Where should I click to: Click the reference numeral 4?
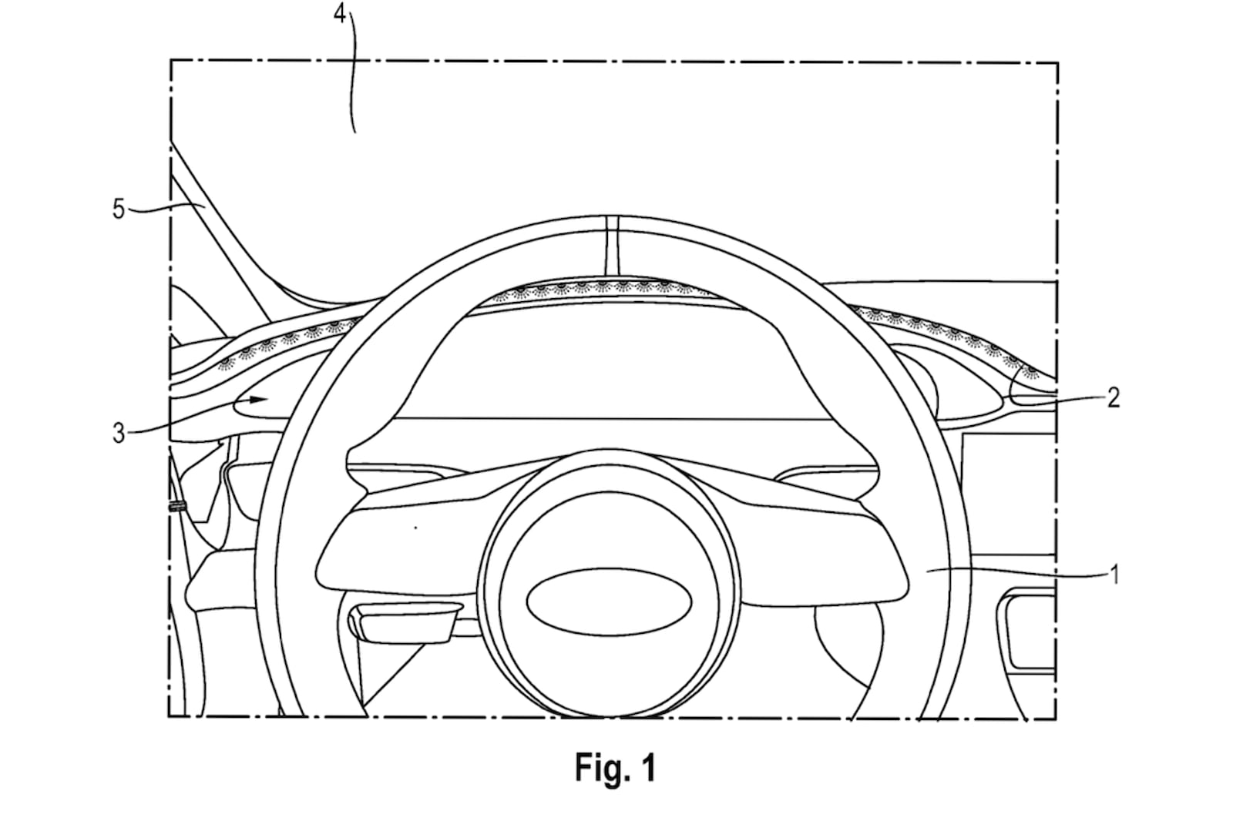[340, 13]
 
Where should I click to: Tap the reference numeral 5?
[119, 209]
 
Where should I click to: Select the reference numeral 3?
[119, 434]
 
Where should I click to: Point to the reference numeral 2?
[1113, 397]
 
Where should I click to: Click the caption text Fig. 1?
[616, 768]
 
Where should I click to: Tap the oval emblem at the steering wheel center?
[609, 602]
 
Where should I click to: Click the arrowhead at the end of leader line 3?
[259, 400]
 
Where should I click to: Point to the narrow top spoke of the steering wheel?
[612, 246]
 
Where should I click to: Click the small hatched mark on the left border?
[177, 506]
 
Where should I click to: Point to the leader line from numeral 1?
[1017, 574]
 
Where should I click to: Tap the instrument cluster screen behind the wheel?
[613, 364]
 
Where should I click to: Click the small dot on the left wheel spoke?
[415, 528]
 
